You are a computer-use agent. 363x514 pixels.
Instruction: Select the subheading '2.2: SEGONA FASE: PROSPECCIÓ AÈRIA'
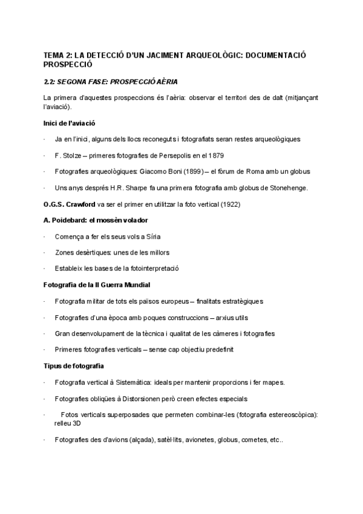coord(111,81)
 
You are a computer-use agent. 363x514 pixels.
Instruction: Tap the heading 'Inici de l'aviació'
coord(70,123)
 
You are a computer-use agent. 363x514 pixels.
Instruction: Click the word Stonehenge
coord(288,187)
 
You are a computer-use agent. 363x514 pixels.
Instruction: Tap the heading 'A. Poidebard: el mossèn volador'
coord(96,219)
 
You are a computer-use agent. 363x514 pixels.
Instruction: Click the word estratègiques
coord(240,301)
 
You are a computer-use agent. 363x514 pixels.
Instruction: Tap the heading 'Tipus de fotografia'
coord(73,365)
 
